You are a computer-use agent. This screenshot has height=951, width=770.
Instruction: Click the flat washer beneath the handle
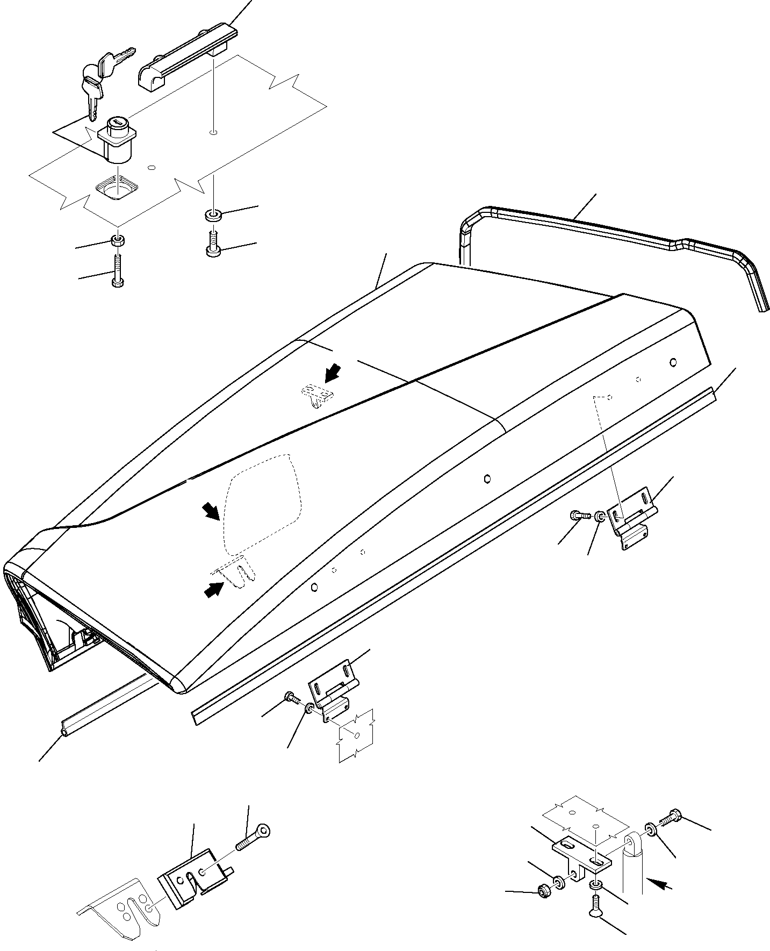(212, 216)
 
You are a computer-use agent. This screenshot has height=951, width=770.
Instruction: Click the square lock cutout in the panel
(117, 189)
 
